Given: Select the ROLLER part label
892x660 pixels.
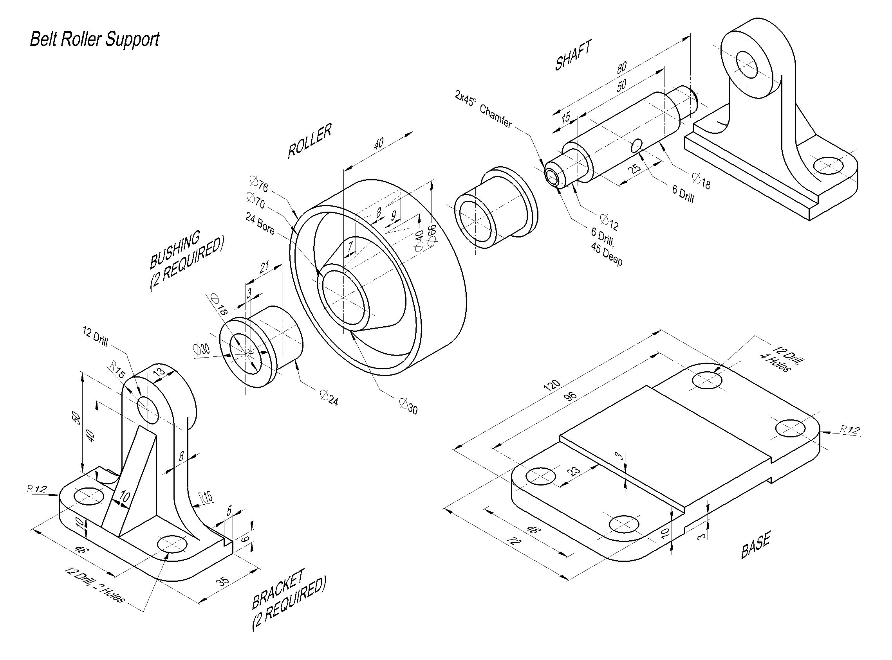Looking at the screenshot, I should point(309,141).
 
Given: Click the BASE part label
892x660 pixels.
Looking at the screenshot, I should point(755,546).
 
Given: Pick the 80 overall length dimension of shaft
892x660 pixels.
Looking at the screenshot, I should point(621,67).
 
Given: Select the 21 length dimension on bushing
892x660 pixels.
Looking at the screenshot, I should point(264,266).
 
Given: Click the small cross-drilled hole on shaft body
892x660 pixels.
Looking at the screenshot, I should point(637,146).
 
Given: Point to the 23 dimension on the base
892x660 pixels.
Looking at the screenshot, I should point(574,470).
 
